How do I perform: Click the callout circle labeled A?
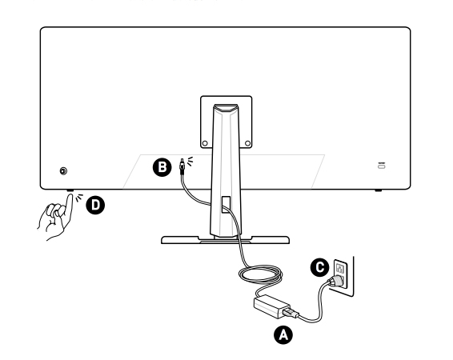[x=283, y=335]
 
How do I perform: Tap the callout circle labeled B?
[x=162, y=167]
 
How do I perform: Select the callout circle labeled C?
[x=320, y=267]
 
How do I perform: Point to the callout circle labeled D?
[x=95, y=205]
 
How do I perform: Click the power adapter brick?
[x=271, y=306]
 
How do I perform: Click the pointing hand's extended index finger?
[x=70, y=206]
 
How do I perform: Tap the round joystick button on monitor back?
[x=63, y=171]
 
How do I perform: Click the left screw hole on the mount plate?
[x=205, y=143]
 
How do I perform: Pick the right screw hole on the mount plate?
[x=247, y=143]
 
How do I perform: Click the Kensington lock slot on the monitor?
[x=382, y=166]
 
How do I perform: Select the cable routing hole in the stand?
[x=226, y=204]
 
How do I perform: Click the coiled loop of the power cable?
[x=260, y=274]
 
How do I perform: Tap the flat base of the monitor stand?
[x=225, y=240]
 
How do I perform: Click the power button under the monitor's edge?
[x=70, y=191]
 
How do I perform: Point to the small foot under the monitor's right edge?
[x=379, y=190]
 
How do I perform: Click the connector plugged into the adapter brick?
[x=291, y=313]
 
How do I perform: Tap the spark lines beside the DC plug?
[x=189, y=162]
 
